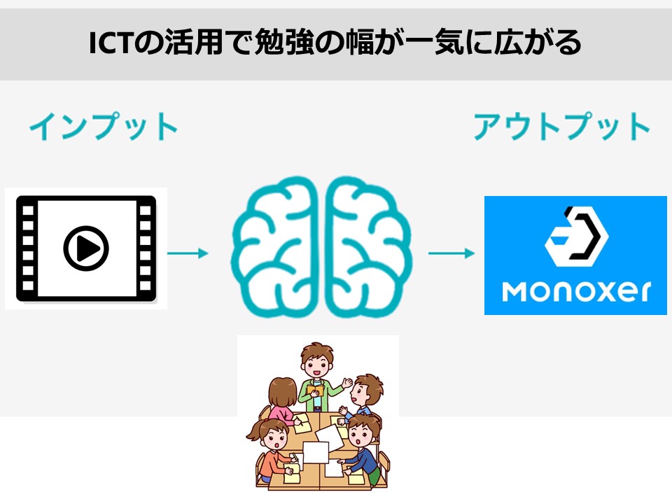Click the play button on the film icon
[86, 248]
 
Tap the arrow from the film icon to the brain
[188, 253]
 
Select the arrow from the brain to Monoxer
[451, 253]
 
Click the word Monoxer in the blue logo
[576, 291]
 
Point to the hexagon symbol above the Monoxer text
[576, 236]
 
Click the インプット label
[104, 126]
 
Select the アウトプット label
[561, 126]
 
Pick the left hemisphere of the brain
[275, 247]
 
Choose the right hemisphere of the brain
[369, 247]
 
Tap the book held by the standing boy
[315, 391]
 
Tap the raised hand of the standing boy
[347, 382]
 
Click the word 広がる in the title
[538, 43]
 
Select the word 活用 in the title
[193, 43]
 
